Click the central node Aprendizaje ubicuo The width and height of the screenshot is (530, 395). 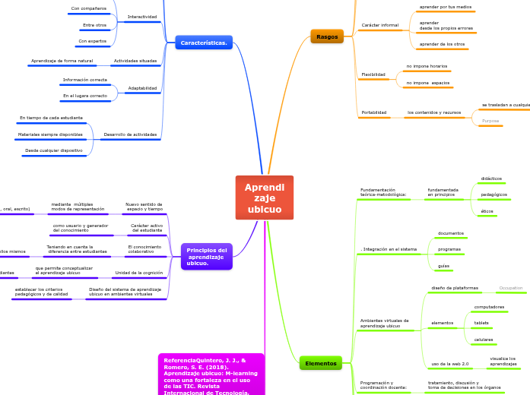(264, 197)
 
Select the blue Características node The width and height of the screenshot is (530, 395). (203, 43)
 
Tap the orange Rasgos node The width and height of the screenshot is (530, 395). (327, 36)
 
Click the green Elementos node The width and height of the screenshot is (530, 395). (320, 363)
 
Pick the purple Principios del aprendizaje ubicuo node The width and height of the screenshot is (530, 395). (206, 257)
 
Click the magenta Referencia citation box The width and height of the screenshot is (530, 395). (211, 374)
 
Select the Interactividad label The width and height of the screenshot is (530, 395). (142, 16)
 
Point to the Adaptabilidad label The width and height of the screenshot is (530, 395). (142, 88)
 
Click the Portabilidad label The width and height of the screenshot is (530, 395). (373, 112)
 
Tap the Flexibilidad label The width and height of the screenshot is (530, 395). (373, 74)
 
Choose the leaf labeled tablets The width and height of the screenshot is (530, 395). (481, 323)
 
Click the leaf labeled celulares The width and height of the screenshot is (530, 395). (484, 340)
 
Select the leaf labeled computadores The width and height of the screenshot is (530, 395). (489, 307)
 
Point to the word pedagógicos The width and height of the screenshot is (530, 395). (494, 194)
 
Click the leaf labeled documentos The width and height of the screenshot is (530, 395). (450, 233)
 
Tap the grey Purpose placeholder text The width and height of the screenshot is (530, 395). (490, 121)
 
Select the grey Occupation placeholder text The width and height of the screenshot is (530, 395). (510, 288)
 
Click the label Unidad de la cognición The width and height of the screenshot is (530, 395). (138, 273)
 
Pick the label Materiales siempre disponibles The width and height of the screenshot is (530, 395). (51, 134)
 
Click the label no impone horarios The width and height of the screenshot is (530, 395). (427, 66)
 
